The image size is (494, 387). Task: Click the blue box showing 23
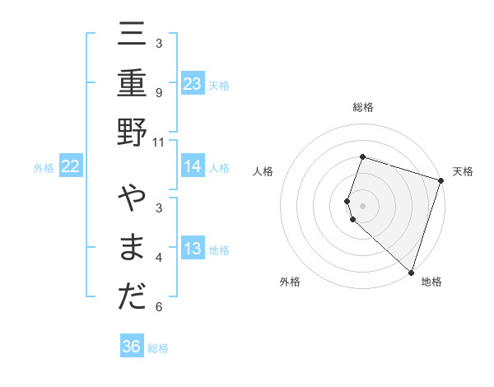(x=192, y=83)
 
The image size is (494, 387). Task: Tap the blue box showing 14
(x=192, y=166)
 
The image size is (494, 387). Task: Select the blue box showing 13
(x=192, y=249)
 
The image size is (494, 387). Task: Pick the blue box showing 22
(x=71, y=166)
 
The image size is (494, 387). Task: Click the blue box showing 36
(x=131, y=347)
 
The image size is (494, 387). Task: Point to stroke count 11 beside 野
(x=159, y=142)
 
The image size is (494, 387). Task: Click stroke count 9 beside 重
(x=159, y=93)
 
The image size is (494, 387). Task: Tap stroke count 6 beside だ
(x=159, y=307)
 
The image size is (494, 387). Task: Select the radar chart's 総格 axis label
(x=362, y=107)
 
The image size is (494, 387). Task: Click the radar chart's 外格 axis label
(x=290, y=282)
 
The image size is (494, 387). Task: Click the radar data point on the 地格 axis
(x=410, y=272)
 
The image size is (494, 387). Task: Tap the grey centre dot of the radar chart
(x=362, y=205)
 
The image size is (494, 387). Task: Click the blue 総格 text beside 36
(x=158, y=348)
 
